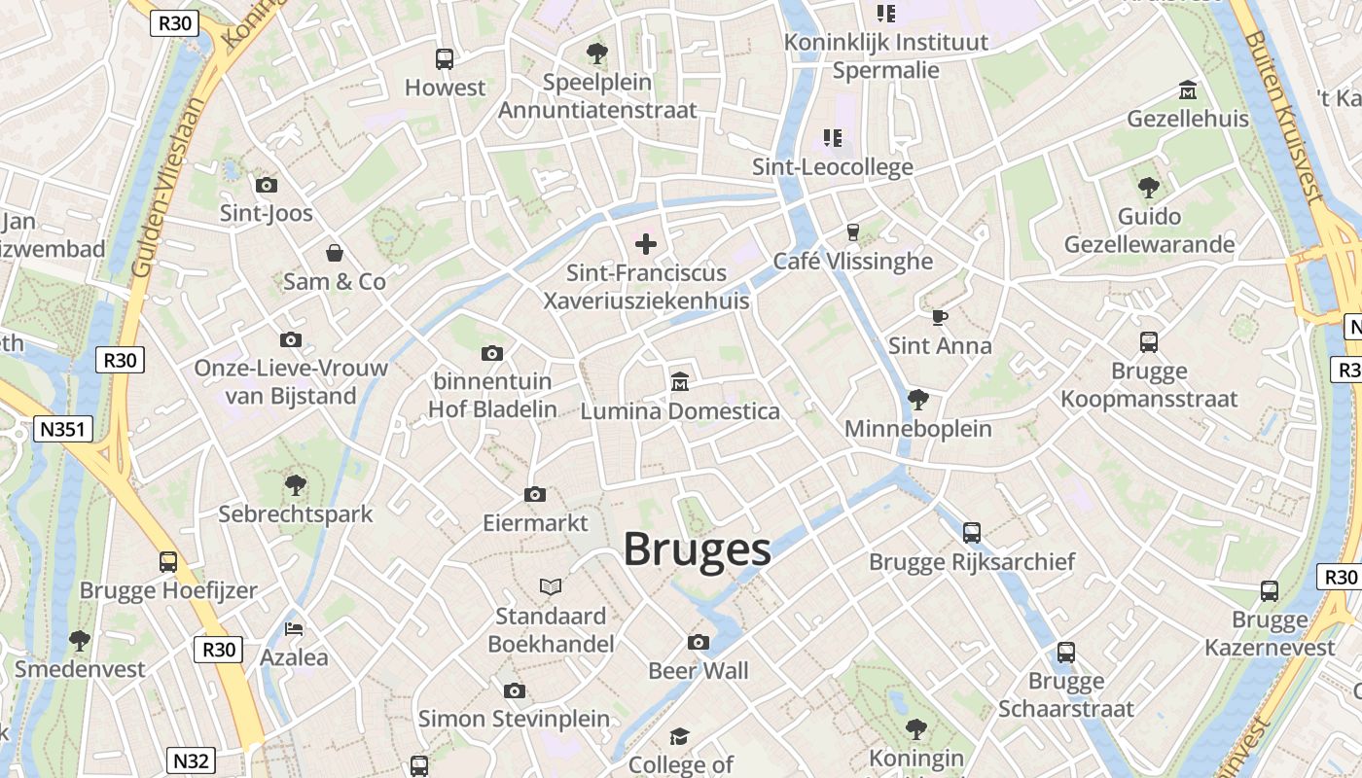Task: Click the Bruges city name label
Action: point(697,549)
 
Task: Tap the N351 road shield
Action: point(62,429)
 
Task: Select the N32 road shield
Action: point(192,760)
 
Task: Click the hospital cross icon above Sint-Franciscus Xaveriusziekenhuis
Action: point(646,244)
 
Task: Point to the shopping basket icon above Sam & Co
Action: point(335,253)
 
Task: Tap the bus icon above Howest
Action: point(445,59)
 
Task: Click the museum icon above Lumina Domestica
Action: point(680,382)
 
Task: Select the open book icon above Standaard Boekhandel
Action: point(551,587)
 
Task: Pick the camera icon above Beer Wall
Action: point(699,642)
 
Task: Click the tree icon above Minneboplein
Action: point(917,399)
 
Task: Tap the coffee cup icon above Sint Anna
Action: point(939,317)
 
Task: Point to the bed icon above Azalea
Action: point(294,628)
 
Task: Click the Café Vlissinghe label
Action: point(852,261)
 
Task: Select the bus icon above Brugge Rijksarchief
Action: point(971,532)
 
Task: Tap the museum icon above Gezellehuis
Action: point(1187,90)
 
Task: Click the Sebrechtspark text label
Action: point(295,513)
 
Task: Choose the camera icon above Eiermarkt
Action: point(534,494)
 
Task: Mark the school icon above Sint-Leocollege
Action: point(833,138)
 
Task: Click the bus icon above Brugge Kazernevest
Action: point(1270,590)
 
